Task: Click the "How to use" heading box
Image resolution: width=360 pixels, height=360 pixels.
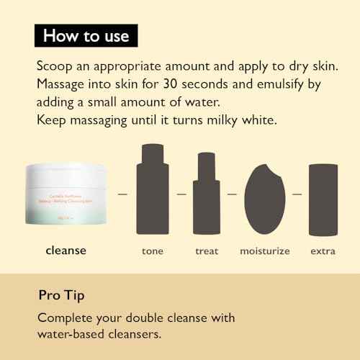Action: (x=86, y=35)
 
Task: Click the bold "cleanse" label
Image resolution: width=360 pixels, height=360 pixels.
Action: (x=65, y=251)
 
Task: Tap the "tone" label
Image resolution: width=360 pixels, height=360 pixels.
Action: (x=152, y=251)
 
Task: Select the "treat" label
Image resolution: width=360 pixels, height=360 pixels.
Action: (x=207, y=251)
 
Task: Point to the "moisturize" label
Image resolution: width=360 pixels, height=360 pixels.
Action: (x=265, y=251)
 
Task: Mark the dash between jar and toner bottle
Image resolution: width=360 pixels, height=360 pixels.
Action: (x=122, y=194)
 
